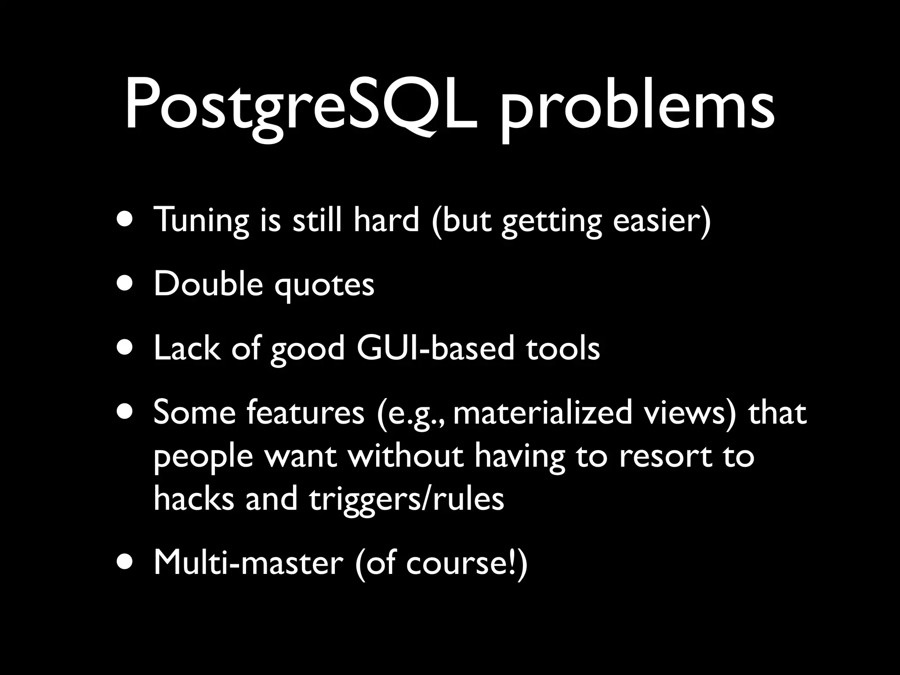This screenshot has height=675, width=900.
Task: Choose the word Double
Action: pyautogui.click(x=208, y=283)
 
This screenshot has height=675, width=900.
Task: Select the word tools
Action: pyautogui.click(x=562, y=348)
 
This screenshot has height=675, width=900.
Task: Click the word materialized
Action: pyautogui.click(x=542, y=413)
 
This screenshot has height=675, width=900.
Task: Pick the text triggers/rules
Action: pyautogui.click(x=406, y=500)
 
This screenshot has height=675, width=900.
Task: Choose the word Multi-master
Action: pyautogui.click(x=248, y=563)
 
